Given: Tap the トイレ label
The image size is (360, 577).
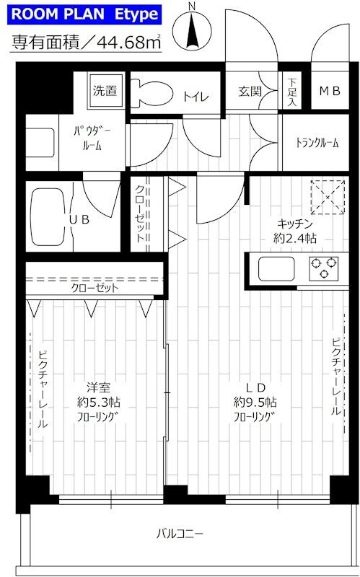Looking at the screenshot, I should (192, 94).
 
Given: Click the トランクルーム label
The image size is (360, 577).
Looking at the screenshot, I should (317, 143).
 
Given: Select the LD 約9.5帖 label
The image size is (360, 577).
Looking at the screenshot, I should (255, 402).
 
